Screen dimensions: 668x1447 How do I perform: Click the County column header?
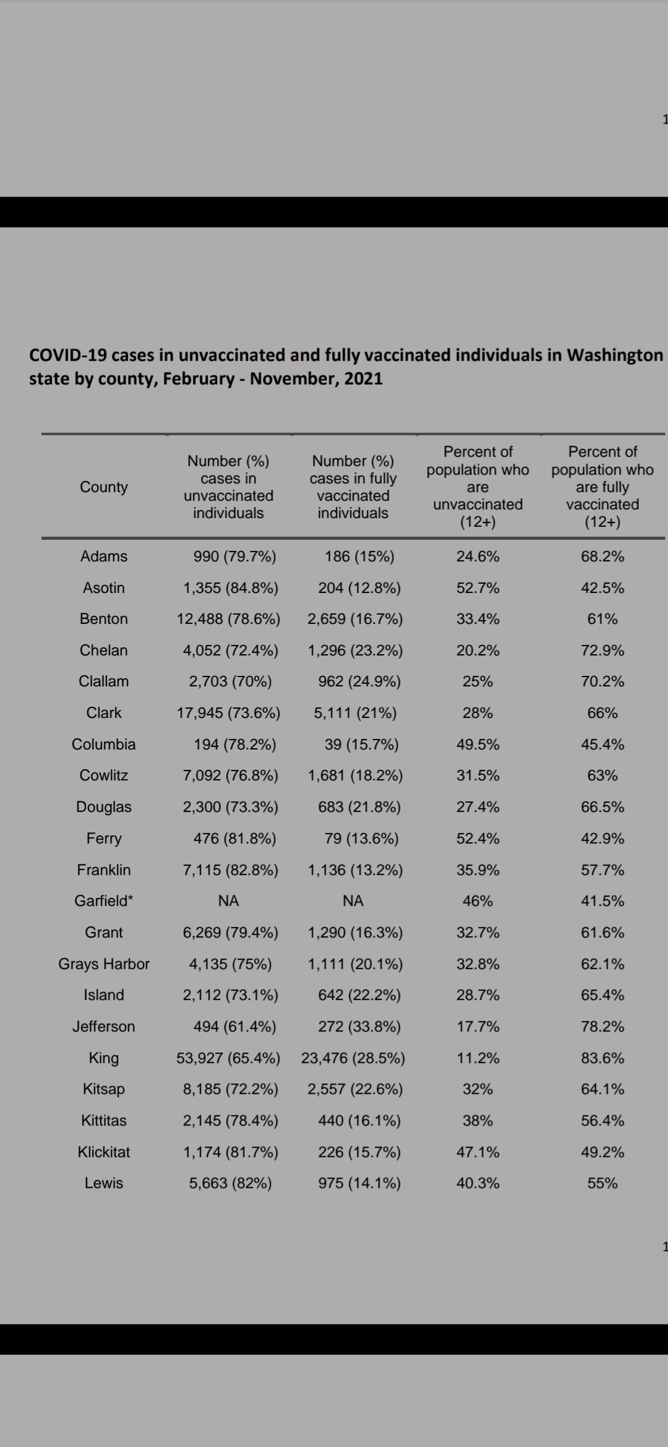click(104, 487)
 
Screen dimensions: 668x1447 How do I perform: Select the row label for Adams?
click(104, 557)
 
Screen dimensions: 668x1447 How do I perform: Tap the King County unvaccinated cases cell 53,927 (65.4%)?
click(228, 1058)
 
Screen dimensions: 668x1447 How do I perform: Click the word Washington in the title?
click(615, 355)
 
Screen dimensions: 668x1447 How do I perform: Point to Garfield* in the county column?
click(104, 901)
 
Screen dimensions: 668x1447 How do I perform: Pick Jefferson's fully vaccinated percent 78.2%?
click(602, 1027)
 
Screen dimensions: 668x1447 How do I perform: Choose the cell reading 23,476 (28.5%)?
click(353, 1058)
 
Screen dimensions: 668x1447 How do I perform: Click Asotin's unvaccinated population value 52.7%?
click(478, 588)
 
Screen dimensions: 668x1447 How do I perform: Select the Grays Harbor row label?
click(104, 964)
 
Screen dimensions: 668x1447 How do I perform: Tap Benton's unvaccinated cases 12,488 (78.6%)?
click(228, 619)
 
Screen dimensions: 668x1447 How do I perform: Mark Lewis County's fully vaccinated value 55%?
click(602, 1183)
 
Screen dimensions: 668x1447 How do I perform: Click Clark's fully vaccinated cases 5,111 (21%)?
click(355, 713)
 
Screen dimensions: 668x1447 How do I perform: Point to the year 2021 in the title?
click(363, 378)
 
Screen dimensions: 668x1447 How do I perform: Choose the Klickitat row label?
click(104, 1152)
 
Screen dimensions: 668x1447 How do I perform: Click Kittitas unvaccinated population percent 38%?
click(478, 1120)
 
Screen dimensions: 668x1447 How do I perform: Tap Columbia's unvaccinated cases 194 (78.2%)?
click(234, 745)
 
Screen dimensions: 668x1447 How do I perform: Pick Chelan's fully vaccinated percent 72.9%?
click(602, 651)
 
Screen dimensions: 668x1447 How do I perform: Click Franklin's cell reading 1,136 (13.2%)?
click(355, 870)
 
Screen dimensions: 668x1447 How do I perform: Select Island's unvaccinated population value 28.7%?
click(478, 995)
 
